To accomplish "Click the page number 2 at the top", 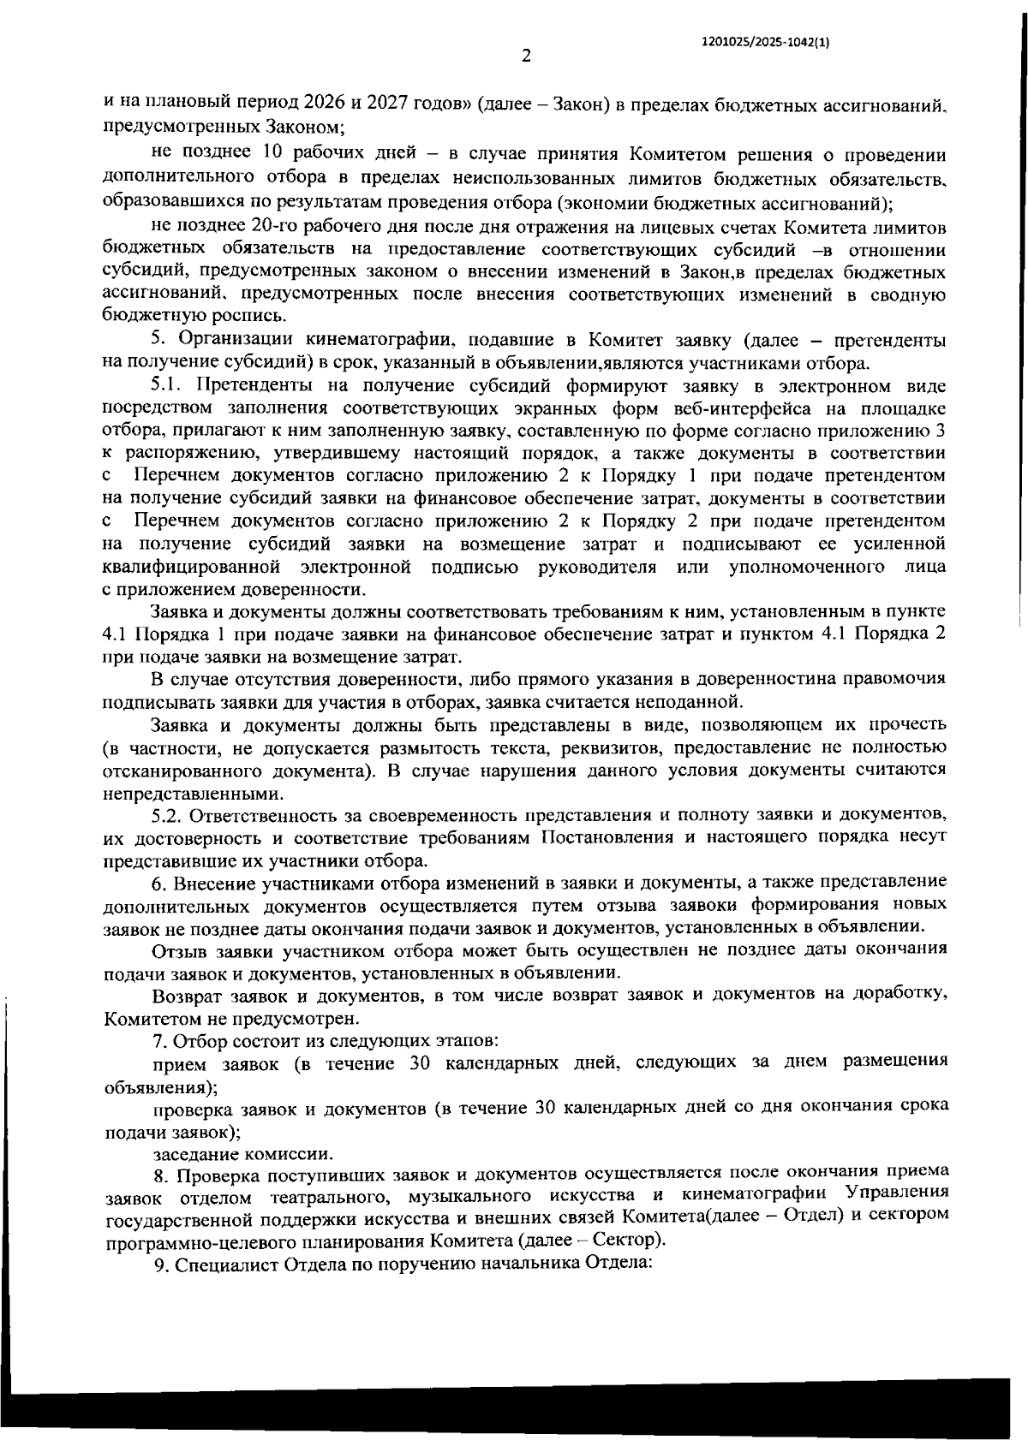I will click(x=526, y=57).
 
